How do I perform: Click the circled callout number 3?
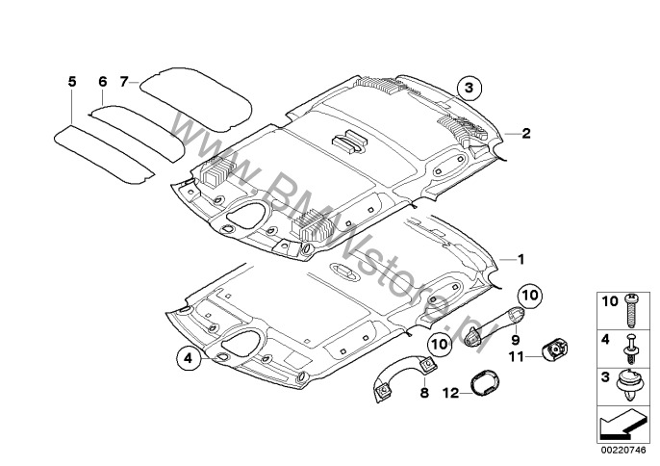click(x=469, y=88)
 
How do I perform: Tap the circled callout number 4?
click(x=189, y=358)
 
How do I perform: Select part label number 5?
click(x=72, y=82)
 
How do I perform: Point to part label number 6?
click(x=103, y=82)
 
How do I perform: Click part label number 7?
click(x=123, y=82)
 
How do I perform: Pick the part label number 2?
click(x=526, y=134)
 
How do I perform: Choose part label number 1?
click(x=520, y=260)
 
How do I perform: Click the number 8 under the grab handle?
click(x=424, y=393)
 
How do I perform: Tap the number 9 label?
click(x=516, y=340)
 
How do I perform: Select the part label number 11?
click(x=517, y=357)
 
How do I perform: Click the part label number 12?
click(x=451, y=394)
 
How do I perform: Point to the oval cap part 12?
click(x=485, y=382)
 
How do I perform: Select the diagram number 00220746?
click(x=623, y=451)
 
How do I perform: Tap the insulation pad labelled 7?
click(x=196, y=99)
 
